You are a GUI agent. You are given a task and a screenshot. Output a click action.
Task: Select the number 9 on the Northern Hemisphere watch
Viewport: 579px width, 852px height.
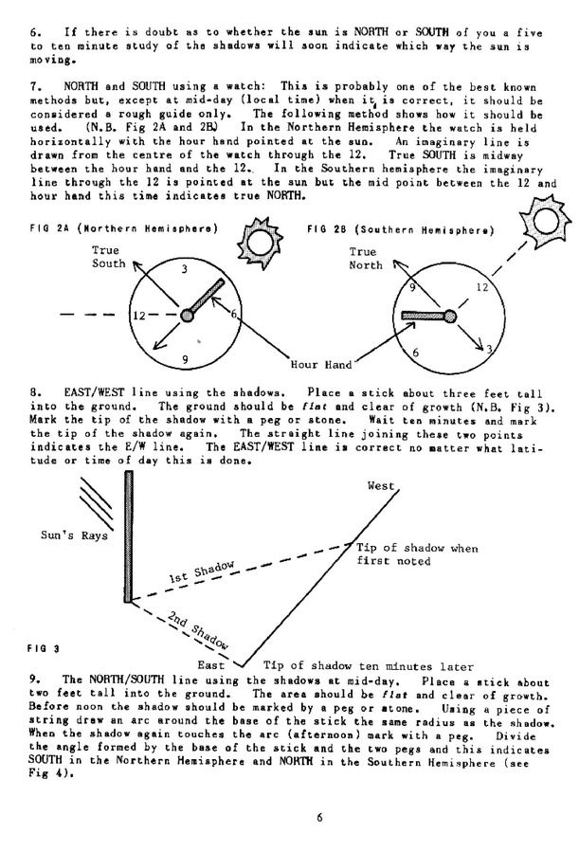[186, 358]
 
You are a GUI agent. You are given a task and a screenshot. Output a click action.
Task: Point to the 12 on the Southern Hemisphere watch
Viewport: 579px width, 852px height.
[482, 286]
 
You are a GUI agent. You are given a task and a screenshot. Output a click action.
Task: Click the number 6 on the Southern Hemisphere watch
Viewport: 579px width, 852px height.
[414, 352]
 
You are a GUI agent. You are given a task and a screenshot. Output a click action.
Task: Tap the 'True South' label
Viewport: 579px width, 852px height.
[108, 256]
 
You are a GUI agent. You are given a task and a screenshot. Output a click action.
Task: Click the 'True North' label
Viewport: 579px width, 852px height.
[365, 259]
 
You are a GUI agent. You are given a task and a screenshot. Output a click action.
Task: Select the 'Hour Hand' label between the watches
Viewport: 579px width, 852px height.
[323, 364]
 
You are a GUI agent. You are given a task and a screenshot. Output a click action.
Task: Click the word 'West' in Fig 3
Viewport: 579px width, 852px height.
[380, 486]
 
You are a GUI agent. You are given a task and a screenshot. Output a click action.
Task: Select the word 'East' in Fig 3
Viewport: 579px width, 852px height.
[210, 665]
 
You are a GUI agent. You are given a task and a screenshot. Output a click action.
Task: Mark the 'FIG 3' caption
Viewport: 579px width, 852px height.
[44, 649]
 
